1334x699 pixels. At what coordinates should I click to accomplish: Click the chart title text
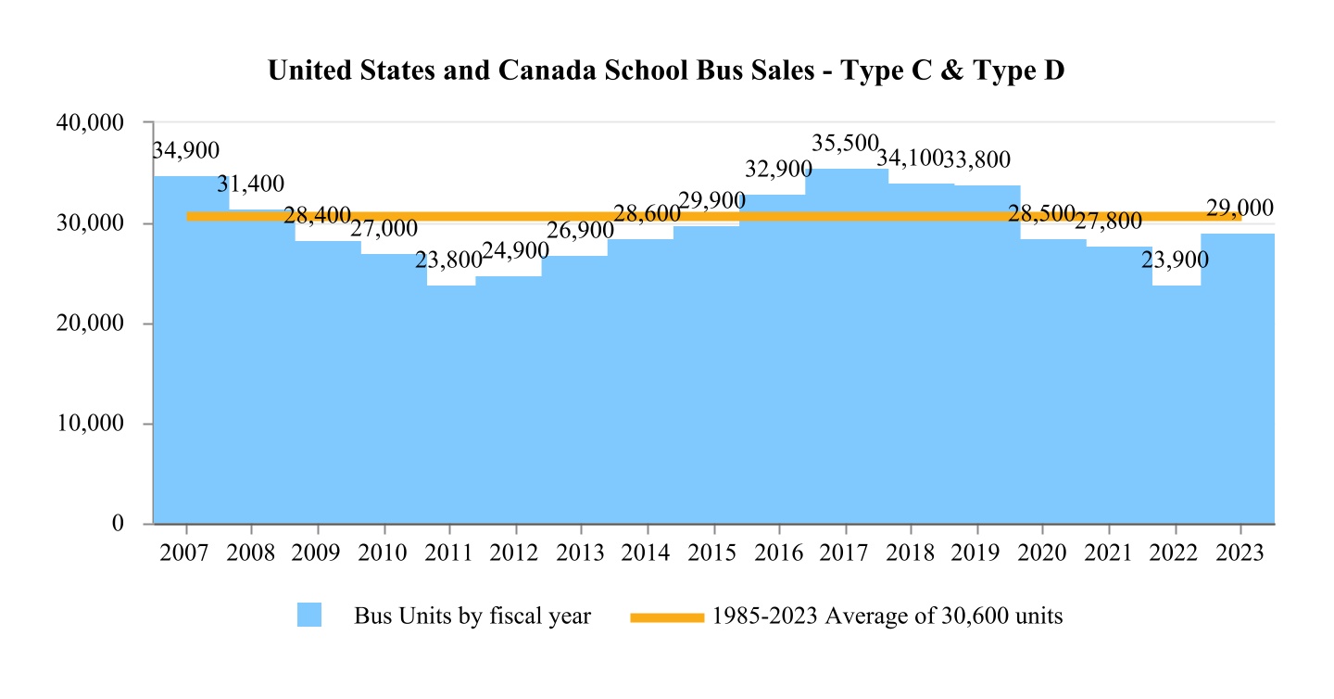[x=666, y=71]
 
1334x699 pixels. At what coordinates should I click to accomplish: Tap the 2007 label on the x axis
[x=186, y=554]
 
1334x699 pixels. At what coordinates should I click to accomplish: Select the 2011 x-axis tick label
[x=449, y=554]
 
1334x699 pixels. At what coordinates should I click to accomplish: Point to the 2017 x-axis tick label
[x=844, y=554]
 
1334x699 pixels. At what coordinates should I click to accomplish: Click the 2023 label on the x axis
[x=1239, y=554]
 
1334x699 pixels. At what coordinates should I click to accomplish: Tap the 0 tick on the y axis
[x=119, y=524]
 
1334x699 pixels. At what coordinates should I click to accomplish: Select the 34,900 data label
[x=185, y=150]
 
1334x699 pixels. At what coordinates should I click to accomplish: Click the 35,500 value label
[x=844, y=144]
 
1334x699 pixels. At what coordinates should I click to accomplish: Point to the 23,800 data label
[x=448, y=261]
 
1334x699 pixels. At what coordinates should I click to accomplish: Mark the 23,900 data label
[x=1174, y=261]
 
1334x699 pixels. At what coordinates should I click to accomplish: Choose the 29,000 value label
[x=1240, y=209]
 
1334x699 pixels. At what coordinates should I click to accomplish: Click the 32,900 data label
[x=778, y=170]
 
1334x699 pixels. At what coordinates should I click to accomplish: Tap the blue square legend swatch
[x=309, y=615]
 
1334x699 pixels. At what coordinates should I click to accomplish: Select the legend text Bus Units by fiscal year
[x=472, y=616]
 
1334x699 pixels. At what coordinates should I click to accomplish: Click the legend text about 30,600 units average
[x=887, y=616]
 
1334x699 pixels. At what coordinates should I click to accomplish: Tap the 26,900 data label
[x=580, y=230]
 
